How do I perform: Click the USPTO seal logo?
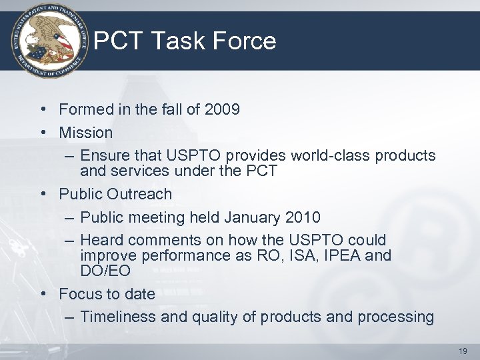pos(49,39)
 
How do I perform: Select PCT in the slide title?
pos(119,41)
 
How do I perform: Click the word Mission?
pos(86,133)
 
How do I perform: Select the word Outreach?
pos(142,194)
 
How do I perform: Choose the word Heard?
pos(102,240)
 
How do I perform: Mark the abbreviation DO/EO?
pos(105,271)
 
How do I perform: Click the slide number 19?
pos(463,351)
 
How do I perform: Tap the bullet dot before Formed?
pos(42,109)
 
